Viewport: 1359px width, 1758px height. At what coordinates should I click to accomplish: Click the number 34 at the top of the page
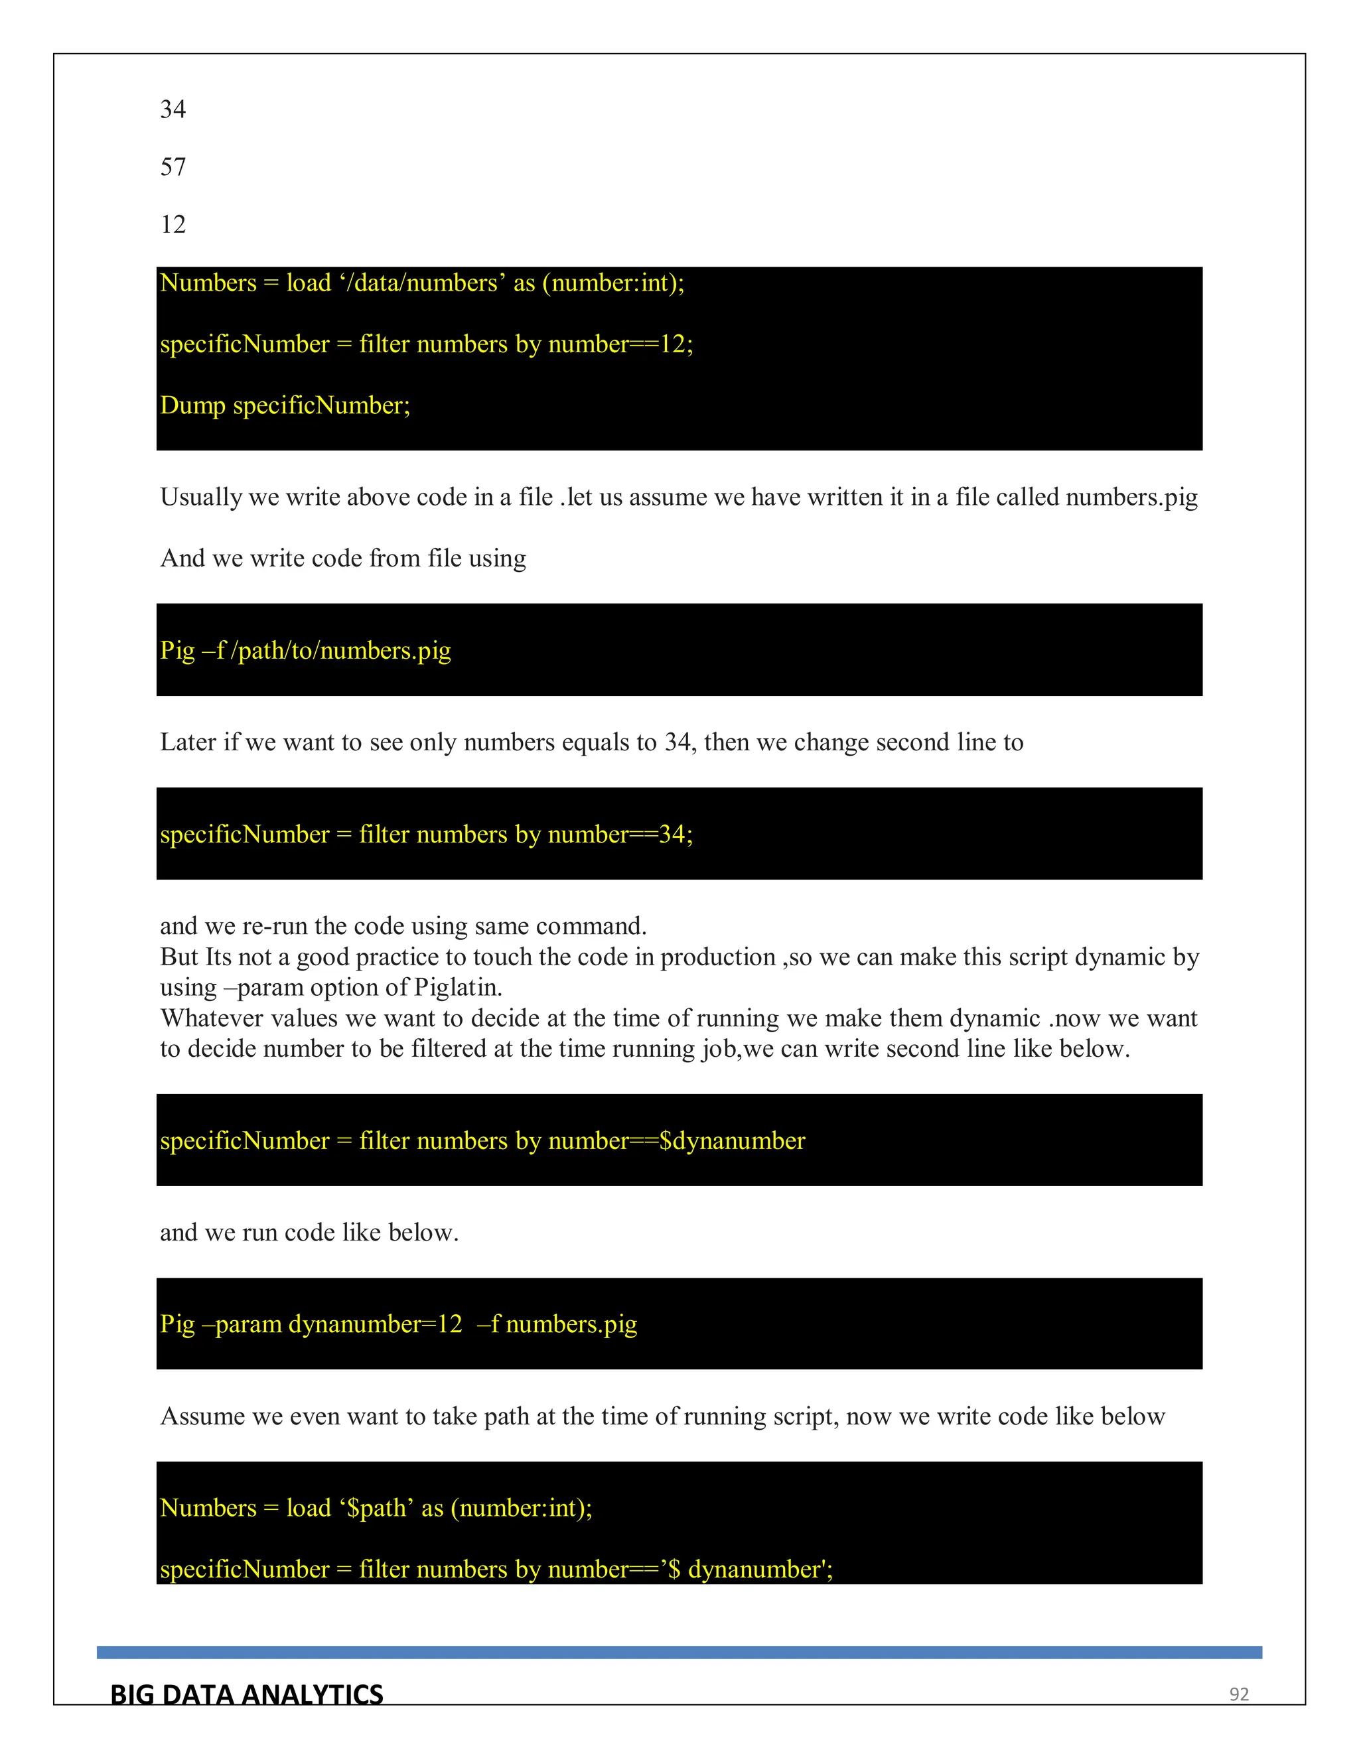173,109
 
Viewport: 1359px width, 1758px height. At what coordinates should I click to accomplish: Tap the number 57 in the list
173,167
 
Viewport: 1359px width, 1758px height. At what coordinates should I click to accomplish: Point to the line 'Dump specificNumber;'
285,405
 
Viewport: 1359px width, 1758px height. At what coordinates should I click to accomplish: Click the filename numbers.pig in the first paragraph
1131,498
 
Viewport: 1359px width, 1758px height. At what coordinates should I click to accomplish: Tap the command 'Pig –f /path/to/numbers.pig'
306,650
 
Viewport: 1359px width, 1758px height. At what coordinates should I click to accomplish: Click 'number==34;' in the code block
620,835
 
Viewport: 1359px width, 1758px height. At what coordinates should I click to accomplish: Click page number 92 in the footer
1238,1694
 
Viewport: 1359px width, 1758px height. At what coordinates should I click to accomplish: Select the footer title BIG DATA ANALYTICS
246,1694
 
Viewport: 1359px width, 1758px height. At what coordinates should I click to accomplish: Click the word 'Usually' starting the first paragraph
200,498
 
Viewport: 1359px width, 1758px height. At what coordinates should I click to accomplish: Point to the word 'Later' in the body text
188,742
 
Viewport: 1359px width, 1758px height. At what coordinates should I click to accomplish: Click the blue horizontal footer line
679,1653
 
